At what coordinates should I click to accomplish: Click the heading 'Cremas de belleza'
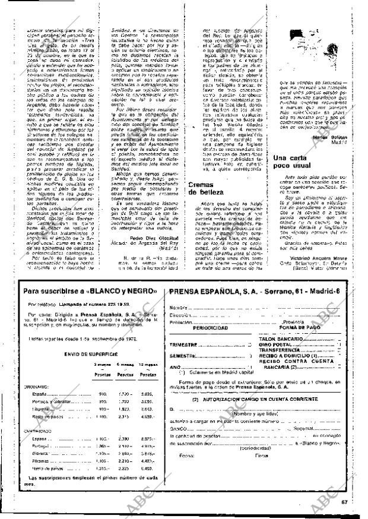[205, 188]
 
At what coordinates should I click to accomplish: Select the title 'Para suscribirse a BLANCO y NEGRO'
[90, 290]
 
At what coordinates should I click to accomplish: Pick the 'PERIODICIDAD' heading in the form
[210, 327]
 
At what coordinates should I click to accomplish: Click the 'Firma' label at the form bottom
[261, 471]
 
